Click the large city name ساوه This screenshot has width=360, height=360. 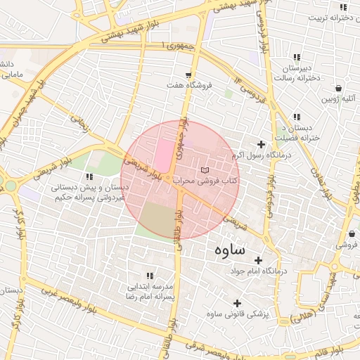227,249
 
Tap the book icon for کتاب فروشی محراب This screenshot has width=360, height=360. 205,170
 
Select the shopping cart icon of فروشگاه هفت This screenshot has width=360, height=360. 188,75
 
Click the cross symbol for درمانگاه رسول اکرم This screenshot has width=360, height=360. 261,144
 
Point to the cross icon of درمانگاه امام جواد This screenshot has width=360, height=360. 258,260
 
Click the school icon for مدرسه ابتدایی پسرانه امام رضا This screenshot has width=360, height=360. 149,276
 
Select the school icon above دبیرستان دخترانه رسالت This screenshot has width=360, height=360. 297,58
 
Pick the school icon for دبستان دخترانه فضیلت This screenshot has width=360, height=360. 297,117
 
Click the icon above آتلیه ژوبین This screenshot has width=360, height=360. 340,89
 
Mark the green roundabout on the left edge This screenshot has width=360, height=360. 10,186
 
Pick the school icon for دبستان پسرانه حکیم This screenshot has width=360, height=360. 89,176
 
